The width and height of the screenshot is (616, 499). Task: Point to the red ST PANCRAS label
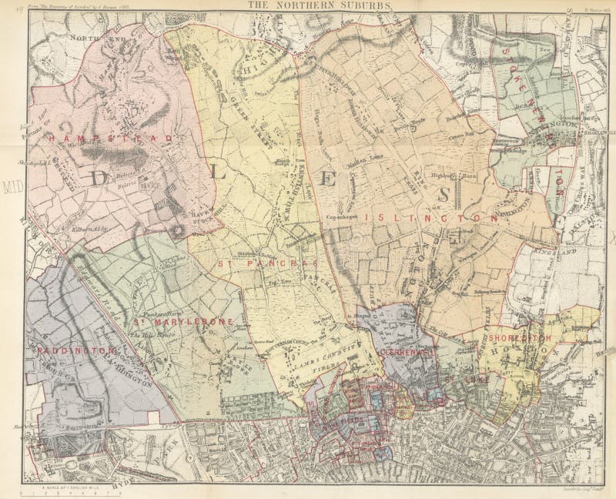[x=245, y=263]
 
